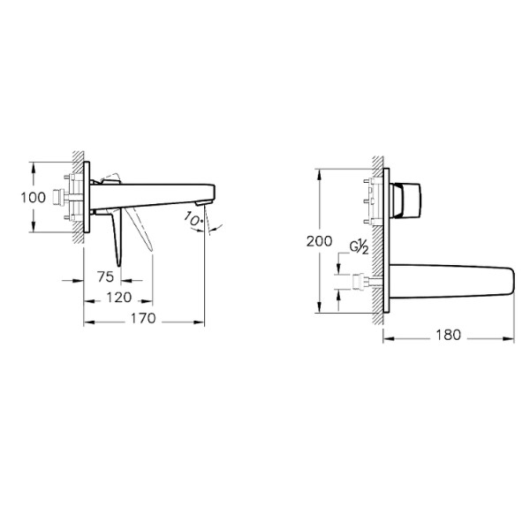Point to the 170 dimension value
pyautogui.click(x=143, y=319)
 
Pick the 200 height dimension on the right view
pyautogui.click(x=320, y=240)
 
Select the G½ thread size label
pyautogui.click(x=359, y=250)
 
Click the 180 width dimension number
pyautogui.click(x=449, y=335)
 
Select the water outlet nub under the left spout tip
pyautogui.click(x=202, y=208)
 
